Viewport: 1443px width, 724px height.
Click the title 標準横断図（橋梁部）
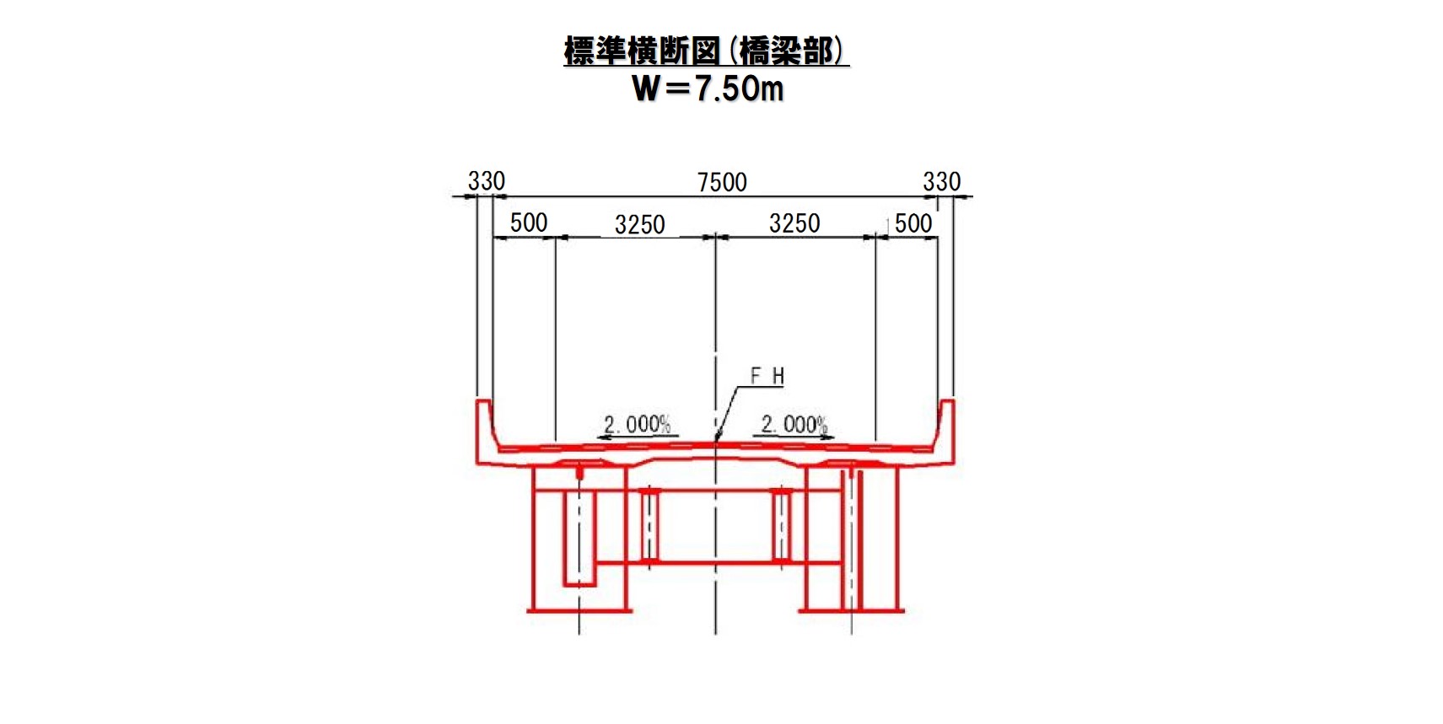(x=707, y=51)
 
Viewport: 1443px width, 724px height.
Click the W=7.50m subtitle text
(x=708, y=88)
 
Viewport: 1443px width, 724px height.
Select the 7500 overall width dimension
(x=722, y=183)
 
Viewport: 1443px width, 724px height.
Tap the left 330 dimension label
(x=487, y=181)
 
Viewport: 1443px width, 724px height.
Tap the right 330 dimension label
(x=942, y=181)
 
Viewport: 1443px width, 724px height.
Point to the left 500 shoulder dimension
(x=528, y=223)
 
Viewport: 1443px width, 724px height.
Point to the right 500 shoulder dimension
(x=913, y=223)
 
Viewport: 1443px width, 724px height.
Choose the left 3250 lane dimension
(x=639, y=224)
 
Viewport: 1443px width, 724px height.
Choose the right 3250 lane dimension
(x=794, y=223)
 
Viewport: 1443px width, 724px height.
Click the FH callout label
(x=767, y=376)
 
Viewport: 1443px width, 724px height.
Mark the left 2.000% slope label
(x=637, y=424)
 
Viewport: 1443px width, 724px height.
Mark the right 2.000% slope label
(x=794, y=424)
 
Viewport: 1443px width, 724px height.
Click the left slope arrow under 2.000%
(x=637, y=437)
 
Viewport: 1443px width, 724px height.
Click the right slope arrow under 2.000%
(x=794, y=437)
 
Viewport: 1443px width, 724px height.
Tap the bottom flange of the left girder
(x=579, y=611)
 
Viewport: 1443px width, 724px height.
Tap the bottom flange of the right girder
(x=851, y=611)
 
